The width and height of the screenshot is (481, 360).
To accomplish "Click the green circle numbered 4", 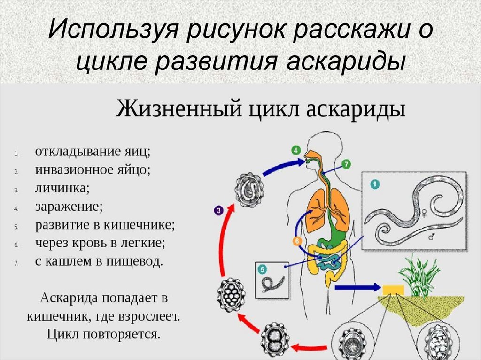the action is click(295, 151).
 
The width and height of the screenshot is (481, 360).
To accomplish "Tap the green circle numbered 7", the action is click(346, 164).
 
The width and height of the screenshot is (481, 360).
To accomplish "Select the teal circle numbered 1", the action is click(375, 184).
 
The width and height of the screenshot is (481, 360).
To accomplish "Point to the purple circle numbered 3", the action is click(218, 210).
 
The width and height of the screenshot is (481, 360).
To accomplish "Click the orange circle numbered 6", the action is click(297, 241).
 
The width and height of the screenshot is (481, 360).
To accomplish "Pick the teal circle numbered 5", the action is click(262, 269).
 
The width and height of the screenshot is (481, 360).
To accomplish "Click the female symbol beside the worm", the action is click(425, 213).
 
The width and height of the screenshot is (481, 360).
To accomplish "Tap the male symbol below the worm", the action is click(432, 236).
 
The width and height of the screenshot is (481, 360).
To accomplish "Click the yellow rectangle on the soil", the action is click(393, 290).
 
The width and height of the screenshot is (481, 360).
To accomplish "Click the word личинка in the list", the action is click(62, 188).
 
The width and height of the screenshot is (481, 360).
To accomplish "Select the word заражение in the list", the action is click(69, 207).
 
